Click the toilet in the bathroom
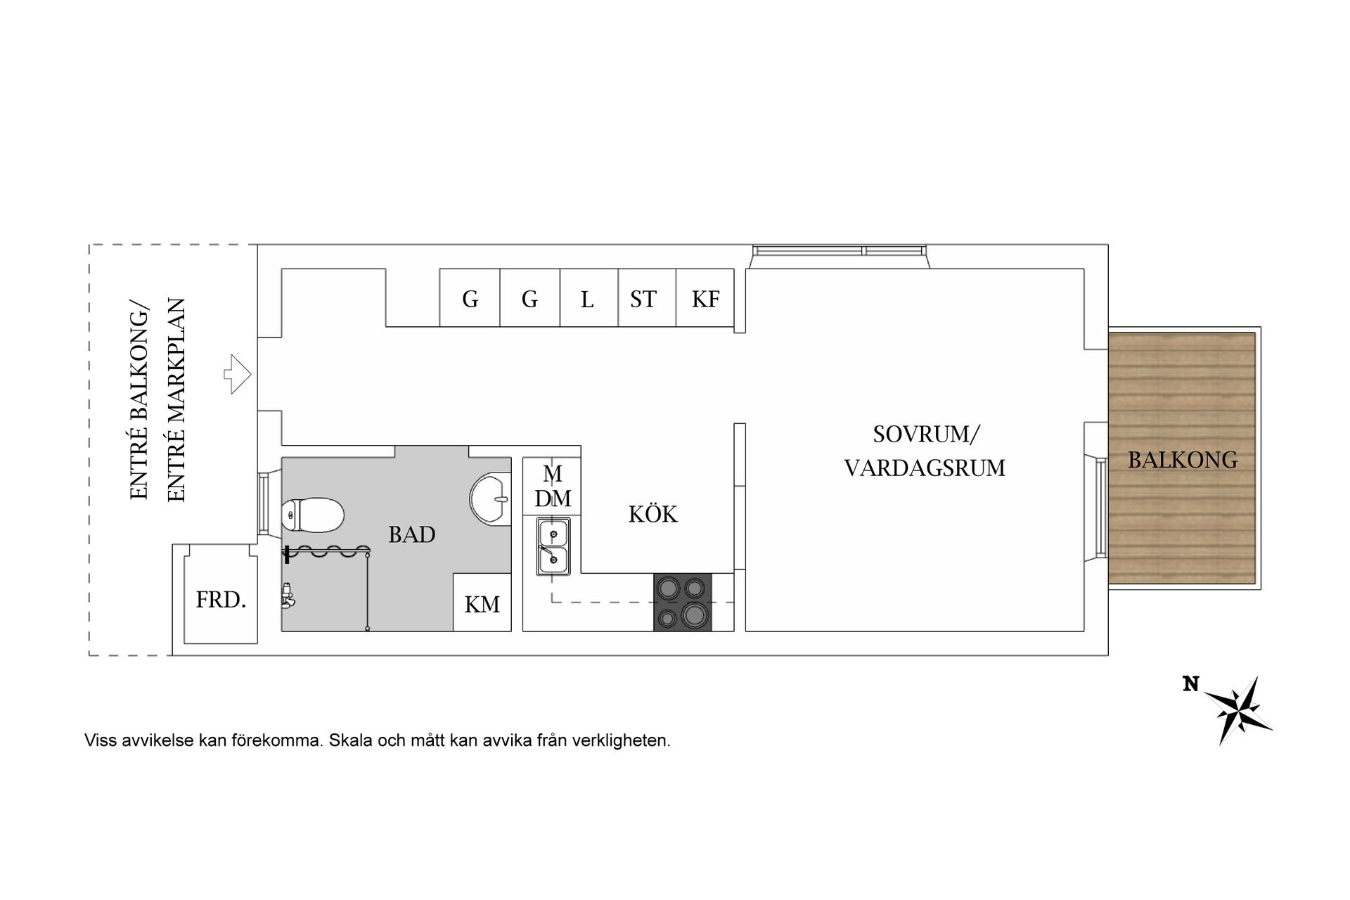pyautogui.click(x=313, y=515)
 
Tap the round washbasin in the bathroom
pyautogui.click(x=490, y=499)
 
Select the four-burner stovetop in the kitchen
pyautogui.click(x=682, y=602)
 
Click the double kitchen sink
pyautogui.click(x=553, y=546)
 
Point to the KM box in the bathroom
pyautogui.click(x=482, y=603)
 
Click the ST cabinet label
pyautogui.click(x=643, y=300)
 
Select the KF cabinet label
pyautogui.click(x=705, y=300)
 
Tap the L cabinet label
pyautogui.click(x=587, y=300)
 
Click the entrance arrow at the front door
pyautogui.click(x=238, y=373)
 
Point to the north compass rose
pyautogui.click(x=1238, y=710)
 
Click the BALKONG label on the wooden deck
pyautogui.click(x=1183, y=460)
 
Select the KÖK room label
pyautogui.click(x=653, y=515)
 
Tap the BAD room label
pyautogui.click(x=411, y=535)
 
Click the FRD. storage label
pyautogui.click(x=221, y=600)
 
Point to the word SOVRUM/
pyautogui.click(x=925, y=435)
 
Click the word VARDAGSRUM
pyautogui.click(x=925, y=468)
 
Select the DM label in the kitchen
pyautogui.click(x=553, y=499)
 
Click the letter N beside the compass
pyautogui.click(x=1190, y=684)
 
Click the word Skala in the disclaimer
pyautogui.click(x=350, y=740)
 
